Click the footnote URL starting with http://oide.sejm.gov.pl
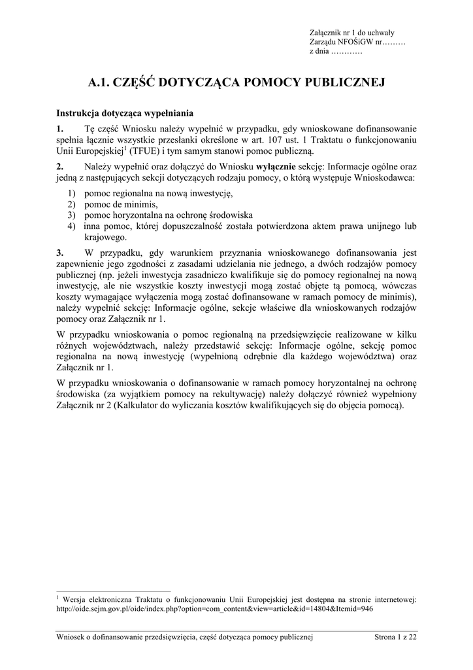215,608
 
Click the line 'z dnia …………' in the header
336,51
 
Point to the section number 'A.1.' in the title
99,82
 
